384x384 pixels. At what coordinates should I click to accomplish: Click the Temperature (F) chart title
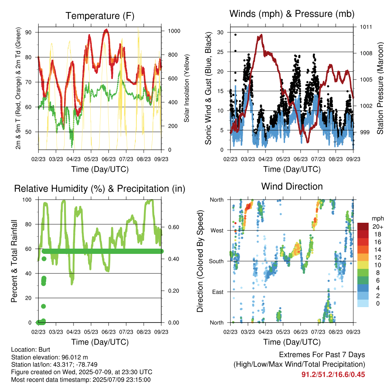coord(100,16)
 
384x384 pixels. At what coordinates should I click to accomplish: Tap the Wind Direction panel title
coord(292,186)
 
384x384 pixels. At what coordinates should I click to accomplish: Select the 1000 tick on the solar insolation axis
coord(174,31)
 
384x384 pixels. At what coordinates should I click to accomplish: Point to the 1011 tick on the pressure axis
coord(366,27)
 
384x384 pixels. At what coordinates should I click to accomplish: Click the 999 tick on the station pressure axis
coord(364,132)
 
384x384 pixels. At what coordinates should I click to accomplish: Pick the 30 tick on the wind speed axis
coord(220,32)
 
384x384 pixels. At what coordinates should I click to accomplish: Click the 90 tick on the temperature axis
coord(28,32)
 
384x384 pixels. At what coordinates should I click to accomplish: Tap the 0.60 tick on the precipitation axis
coord(174,227)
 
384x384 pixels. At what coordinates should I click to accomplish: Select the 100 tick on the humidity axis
coord(27,200)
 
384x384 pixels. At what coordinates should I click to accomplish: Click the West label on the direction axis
coord(217,231)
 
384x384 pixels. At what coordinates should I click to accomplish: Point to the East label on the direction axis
coord(218,292)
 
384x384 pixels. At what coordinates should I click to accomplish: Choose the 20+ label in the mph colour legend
coord(378,226)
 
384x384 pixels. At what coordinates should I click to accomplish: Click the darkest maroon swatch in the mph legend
coord(363,226)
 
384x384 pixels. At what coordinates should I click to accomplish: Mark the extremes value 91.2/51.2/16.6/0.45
coord(333,375)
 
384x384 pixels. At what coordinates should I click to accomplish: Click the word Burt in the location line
coord(44,349)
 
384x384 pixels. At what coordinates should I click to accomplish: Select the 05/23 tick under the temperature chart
coord(91,159)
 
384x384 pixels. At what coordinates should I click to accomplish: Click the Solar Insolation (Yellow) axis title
coord(187,88)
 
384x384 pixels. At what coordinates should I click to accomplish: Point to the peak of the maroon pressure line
coord(261,35)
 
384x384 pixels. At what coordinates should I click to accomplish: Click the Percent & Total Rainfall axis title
coord(14,261)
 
